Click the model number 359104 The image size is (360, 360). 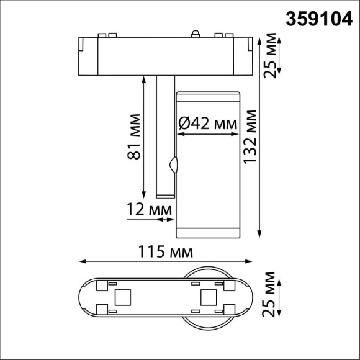tap(318, 19)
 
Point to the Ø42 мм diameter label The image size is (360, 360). tap(208, 124)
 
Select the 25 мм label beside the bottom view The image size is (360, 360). tap(271, 294)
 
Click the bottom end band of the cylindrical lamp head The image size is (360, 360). tap(207, 232)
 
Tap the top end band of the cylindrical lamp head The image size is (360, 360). tap(207, 96)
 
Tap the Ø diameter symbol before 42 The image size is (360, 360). tap(184, 124)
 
